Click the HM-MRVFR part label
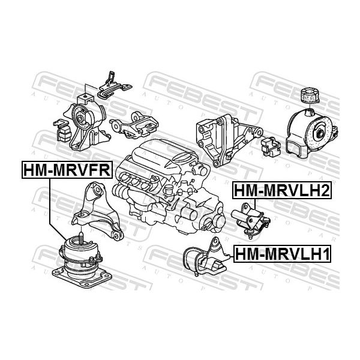click(x=67, y=170)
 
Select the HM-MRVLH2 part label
click(x=282, y=191)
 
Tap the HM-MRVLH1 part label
click(x=282, y=254)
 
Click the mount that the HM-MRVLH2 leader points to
click(x=251, y=218)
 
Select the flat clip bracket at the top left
click(x=115, y=86)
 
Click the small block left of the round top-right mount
click(x=271, y=146)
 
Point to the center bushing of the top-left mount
click(x=80, y=119)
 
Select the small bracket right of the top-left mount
click(x=134, y=125)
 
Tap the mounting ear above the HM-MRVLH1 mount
click(x=215, y=244)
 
